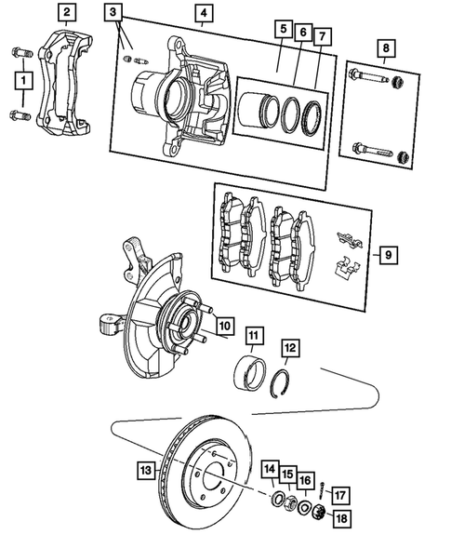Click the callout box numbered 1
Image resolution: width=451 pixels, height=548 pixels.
(19, 84)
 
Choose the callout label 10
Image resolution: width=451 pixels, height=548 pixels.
(223, 326)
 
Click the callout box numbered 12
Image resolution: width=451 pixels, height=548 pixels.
(291, 348)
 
